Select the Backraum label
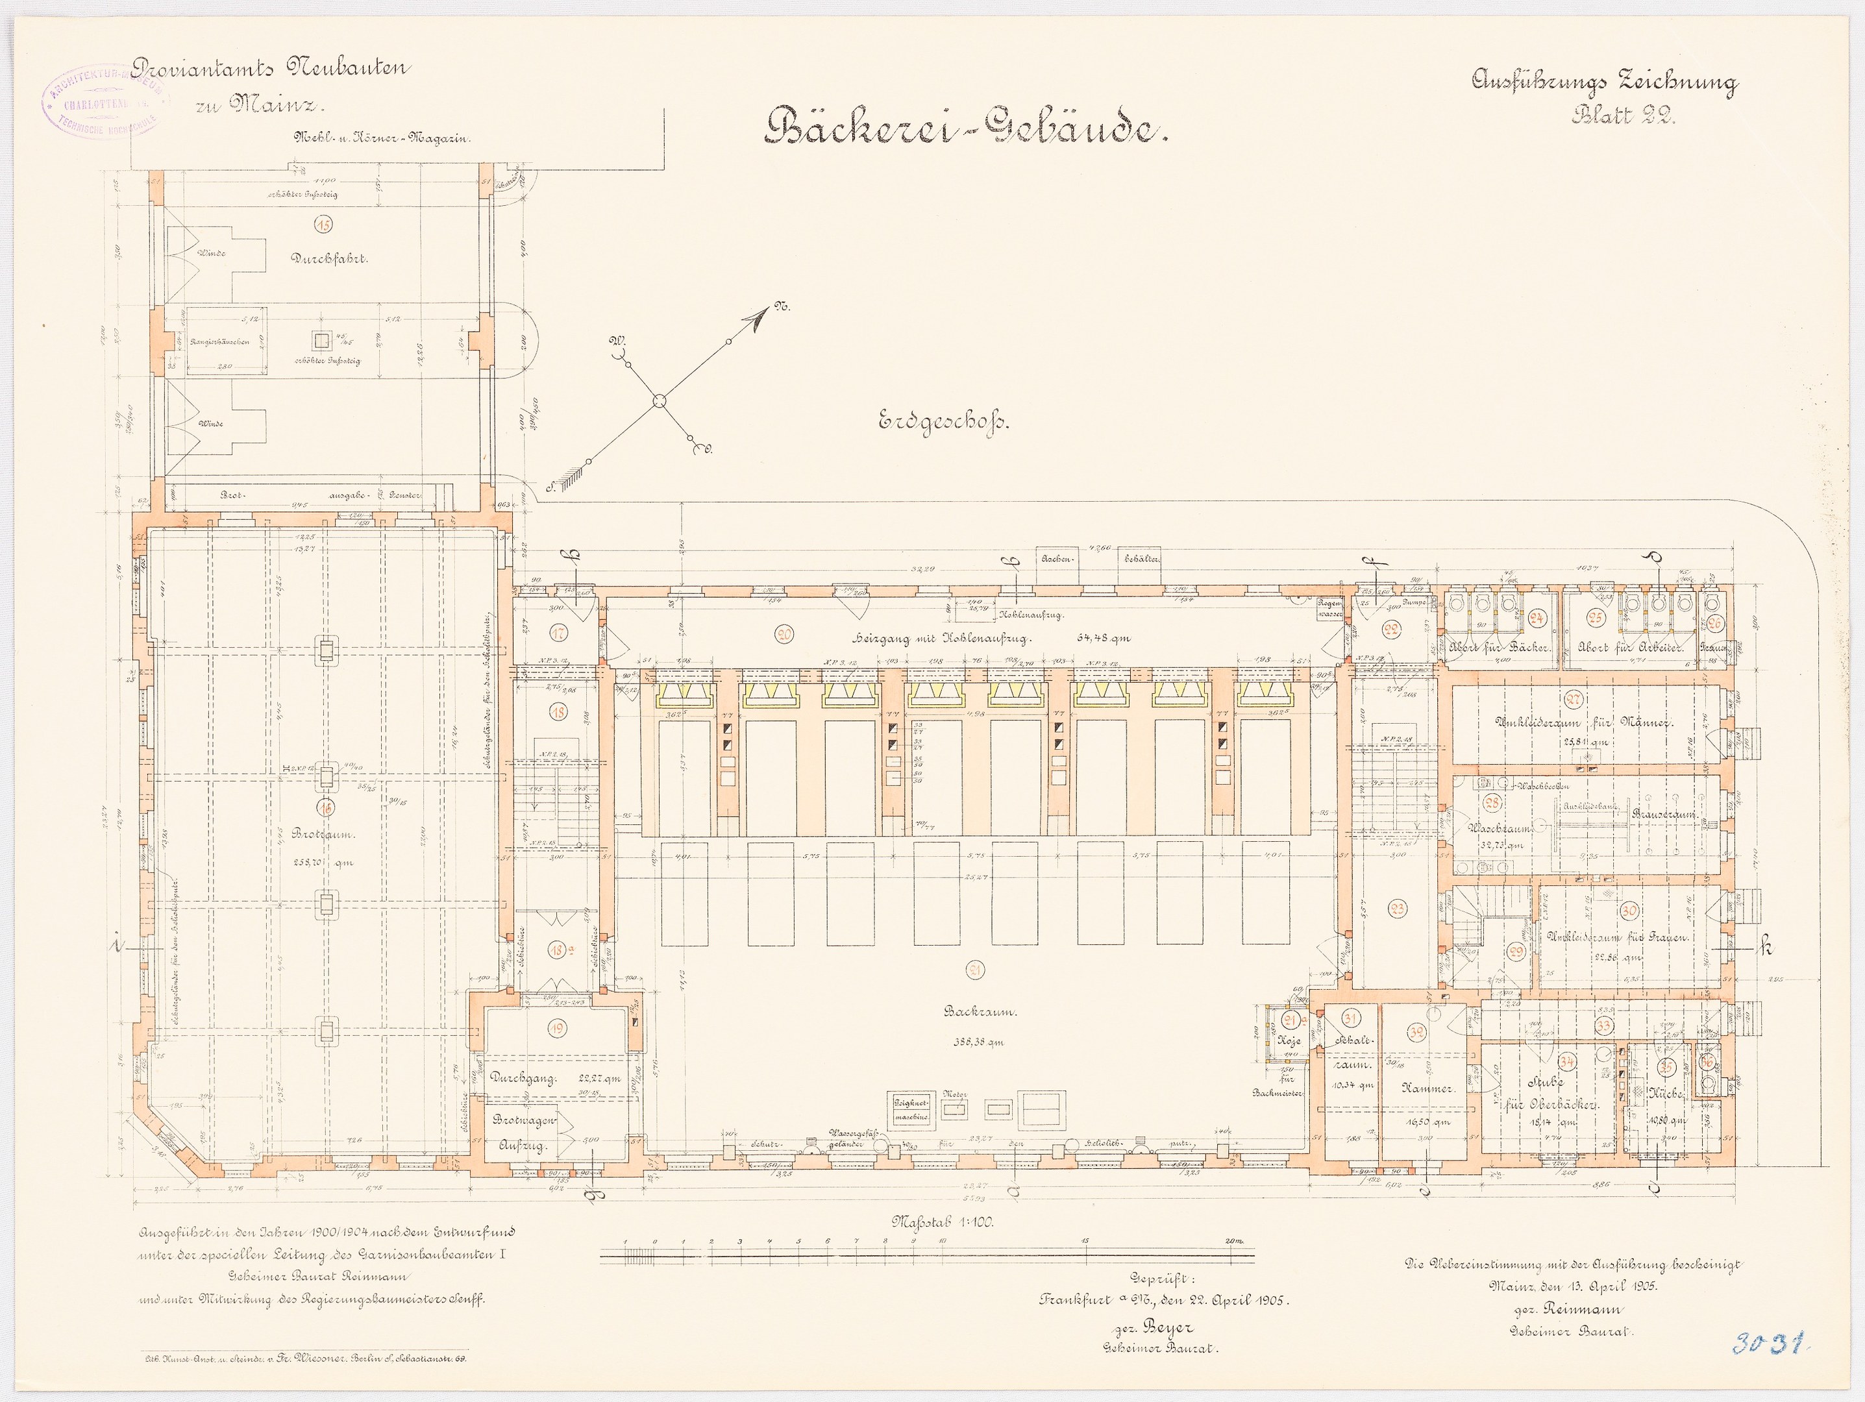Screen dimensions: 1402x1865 click(974, 1013)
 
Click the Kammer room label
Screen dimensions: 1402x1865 click(1425, 1088)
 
